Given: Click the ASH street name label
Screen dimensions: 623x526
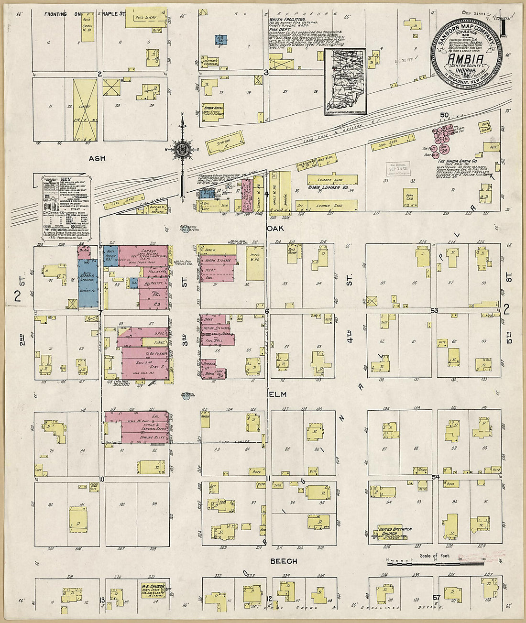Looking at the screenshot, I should (x=97, y=158).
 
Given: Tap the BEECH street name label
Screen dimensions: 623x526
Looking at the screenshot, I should (x=284, y=561).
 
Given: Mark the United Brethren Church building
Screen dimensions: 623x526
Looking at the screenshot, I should (x=395, y=533).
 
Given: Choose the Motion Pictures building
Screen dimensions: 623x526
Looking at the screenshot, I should (x=216, y=329).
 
